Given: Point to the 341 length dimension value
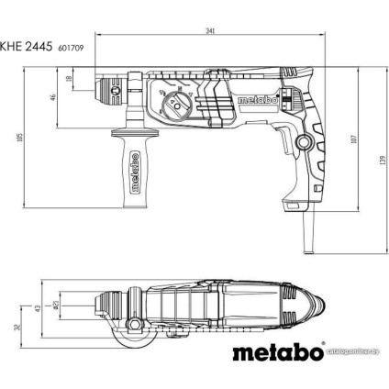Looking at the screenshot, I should click(211, 32).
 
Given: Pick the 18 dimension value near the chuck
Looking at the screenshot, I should click(71, 80).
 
